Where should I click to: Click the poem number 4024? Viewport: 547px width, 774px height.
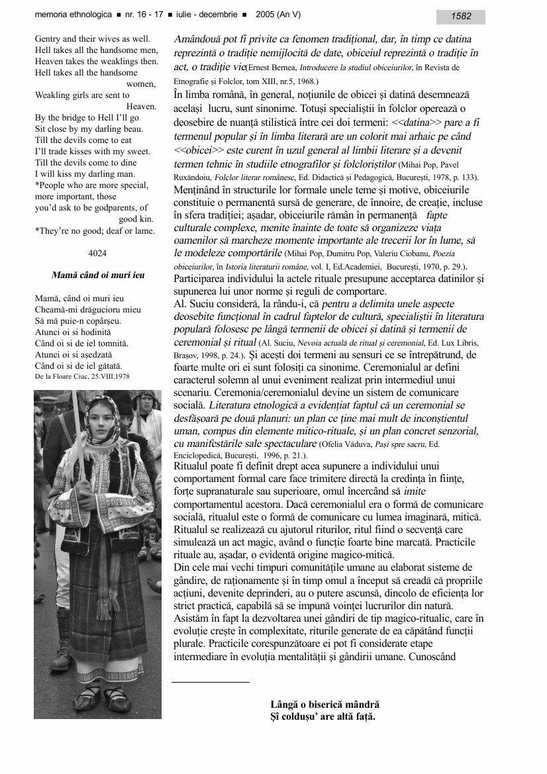(x=97, y=252)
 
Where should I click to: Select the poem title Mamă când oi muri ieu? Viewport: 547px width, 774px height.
(x=97, y=275)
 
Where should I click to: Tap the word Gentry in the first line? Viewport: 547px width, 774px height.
(x=48, y=39)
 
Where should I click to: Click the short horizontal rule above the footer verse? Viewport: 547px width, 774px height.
(x=211, y=681)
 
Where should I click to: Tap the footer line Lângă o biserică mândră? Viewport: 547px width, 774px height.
(x=324, y=705)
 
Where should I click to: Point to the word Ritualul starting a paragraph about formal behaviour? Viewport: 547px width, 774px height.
(x=192, y=467)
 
